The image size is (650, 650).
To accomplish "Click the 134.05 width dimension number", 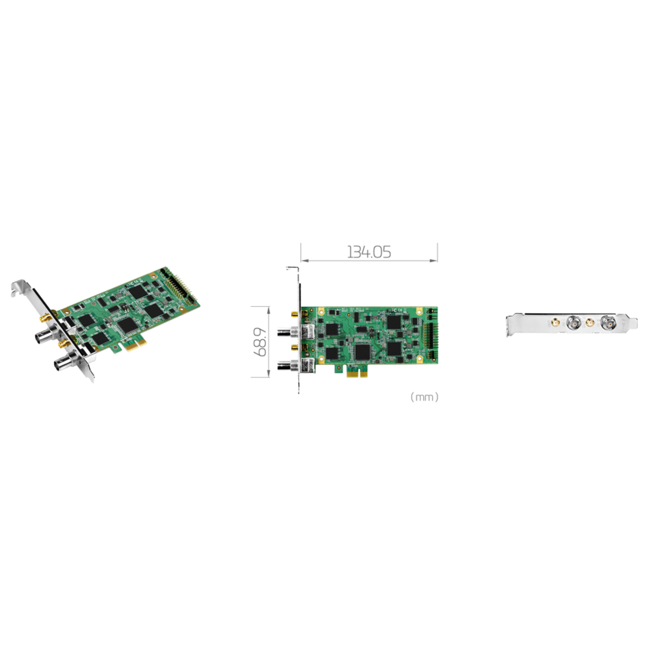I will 369,252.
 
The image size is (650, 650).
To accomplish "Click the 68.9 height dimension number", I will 261,342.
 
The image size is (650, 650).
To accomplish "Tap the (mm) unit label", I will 424,397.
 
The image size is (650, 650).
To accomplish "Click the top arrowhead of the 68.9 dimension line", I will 268,309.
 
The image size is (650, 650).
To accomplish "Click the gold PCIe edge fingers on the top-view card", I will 357,373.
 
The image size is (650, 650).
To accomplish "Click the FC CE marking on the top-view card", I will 396,310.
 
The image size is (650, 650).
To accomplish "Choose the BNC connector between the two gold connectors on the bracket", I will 573,322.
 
